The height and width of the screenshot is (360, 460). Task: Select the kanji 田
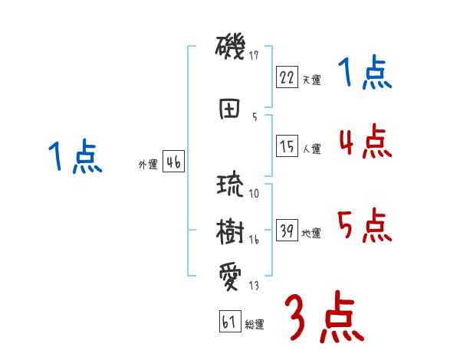coord(230,109)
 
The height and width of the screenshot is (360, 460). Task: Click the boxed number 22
coord(286,77)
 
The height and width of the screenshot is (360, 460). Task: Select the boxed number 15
coord(286,146)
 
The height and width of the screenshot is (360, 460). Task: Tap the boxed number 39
coord(286,231)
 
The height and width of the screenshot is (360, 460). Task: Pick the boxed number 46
coord(173,162)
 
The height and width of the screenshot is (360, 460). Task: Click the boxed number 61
coord(229,322)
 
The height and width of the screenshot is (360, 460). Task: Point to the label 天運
coord(311,80)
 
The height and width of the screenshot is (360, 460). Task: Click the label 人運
coord(311,149)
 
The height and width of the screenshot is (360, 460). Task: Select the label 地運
coord(311,234)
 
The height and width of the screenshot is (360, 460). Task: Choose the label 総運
coord(255,325)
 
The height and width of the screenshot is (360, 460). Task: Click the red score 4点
coord(364,141)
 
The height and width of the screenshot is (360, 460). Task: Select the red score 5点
coord(364,225)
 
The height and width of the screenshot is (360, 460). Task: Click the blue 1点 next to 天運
coord(364,74)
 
